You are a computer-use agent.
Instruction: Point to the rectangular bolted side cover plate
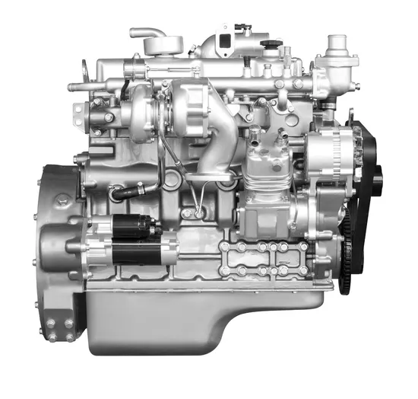262,259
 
